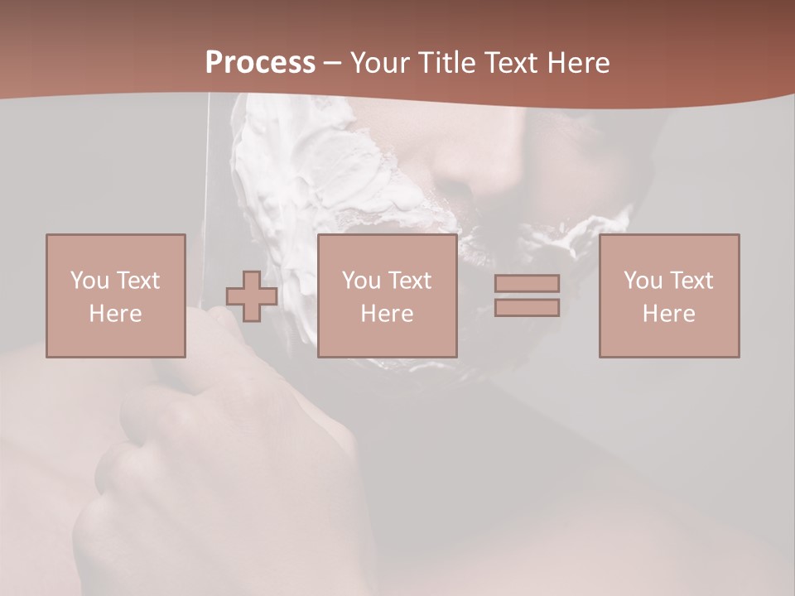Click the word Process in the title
coord(260,63)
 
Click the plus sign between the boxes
coord(252,296)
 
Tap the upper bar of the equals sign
coord(528,283)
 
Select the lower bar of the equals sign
coord(528,308)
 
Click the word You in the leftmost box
coord(89,281)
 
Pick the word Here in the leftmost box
coord(116,314)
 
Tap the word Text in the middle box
coord(410,281)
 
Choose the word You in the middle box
coord(361,281)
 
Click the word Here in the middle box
coord(388,314)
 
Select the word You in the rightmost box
coord(643,281)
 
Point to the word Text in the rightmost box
coord(691,281)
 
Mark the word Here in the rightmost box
coord(669,314)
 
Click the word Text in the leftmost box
coord(138,281)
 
